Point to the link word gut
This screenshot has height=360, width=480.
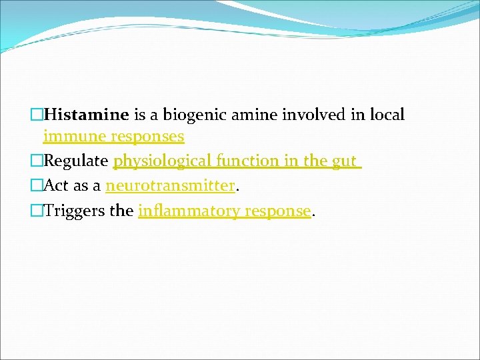point(344,161)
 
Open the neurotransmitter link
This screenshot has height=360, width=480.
point(171,186)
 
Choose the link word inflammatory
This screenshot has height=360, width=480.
point(189,211)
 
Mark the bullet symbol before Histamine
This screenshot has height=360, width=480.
point(37,115)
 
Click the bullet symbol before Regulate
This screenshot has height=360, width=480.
point(37,161)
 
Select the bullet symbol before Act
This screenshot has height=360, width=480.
point(37,186)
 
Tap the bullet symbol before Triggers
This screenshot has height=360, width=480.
point(37,211)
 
